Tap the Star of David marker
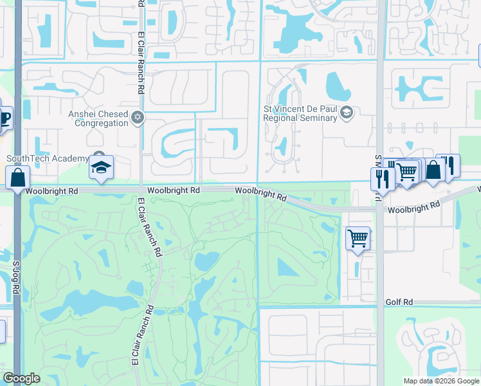coord(137,118)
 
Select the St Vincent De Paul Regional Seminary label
coord(300,113)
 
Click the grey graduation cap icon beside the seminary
coord(347,113)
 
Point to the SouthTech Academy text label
coord(48,159)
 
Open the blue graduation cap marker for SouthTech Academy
coord(102,169)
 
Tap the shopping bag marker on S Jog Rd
coord(18,179)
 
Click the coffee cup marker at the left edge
coord(4,120)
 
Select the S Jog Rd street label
coord(16,277)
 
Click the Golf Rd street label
coord(399,302)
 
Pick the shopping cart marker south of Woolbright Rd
coord(358,240)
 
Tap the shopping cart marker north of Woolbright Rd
coord(406,172)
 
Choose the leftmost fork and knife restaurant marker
coord(383,179)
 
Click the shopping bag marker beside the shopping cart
coord(433,171)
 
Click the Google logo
coord(21,378)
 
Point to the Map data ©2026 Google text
coord(440,381)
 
